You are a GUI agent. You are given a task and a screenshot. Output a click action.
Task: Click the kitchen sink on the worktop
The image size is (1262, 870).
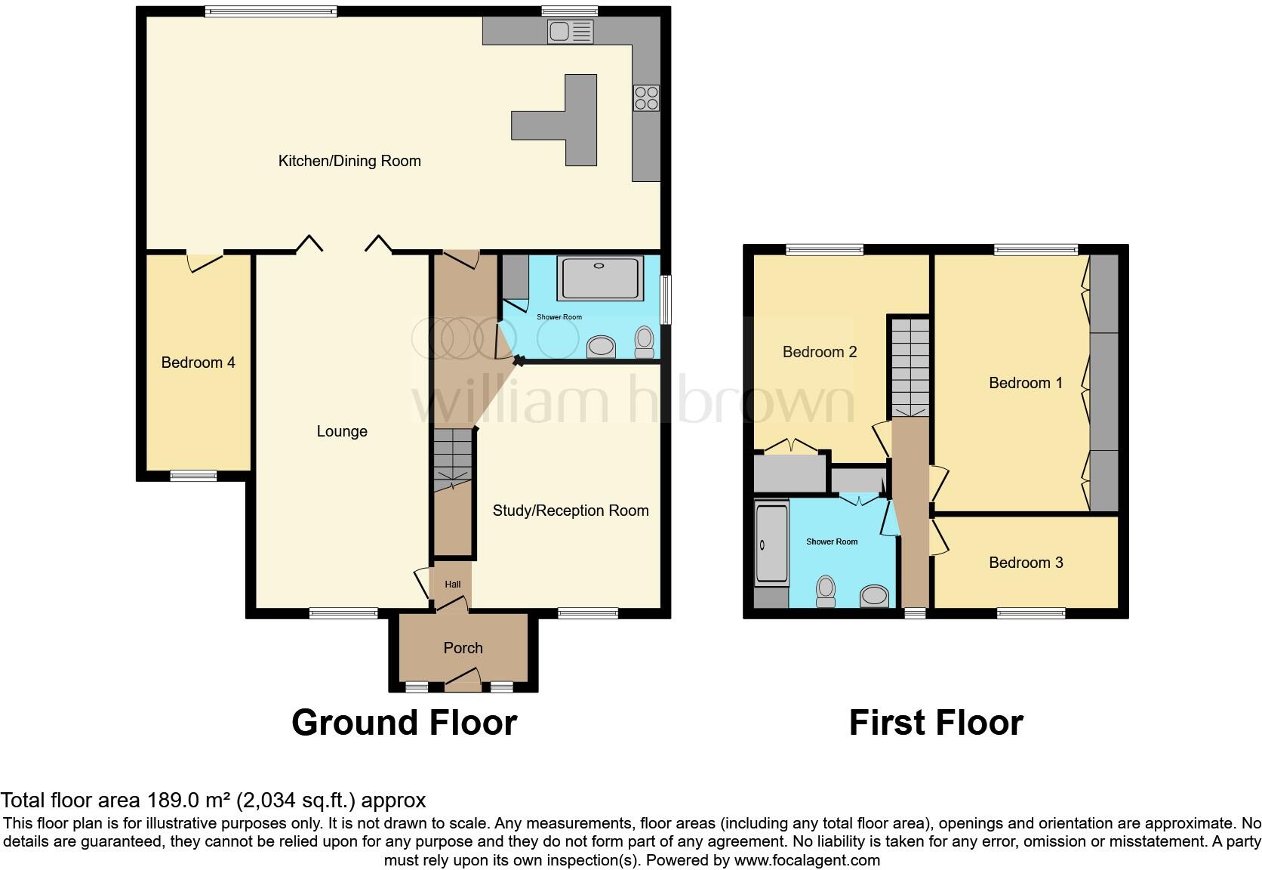(571, 32)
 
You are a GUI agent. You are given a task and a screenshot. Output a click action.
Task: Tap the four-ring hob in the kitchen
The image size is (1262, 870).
(647, 98)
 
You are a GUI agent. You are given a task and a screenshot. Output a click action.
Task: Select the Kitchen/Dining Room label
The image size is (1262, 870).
(349, 161)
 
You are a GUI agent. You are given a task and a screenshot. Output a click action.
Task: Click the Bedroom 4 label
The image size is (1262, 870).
(198, 362)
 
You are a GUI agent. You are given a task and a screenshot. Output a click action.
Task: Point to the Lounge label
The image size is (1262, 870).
(342, 431)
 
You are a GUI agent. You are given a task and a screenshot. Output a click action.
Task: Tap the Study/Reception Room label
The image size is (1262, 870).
(571, 511)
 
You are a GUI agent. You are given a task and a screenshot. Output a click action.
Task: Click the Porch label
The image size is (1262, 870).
(463, 648)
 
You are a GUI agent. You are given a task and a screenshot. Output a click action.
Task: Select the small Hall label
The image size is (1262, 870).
(452, 585)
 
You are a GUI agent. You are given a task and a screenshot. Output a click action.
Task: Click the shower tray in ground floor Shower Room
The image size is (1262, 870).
(600, 279)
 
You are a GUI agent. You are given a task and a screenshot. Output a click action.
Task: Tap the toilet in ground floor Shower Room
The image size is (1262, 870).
(645, 342)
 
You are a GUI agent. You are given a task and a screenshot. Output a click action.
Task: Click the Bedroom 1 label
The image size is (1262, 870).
(1026, 383)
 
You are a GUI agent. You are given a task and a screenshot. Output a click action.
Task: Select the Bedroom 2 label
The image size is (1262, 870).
(820, 352)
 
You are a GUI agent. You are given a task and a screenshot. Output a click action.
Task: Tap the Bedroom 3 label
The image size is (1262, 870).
(1026, 563)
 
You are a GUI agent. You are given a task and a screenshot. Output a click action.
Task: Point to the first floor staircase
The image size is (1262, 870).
(910, 366)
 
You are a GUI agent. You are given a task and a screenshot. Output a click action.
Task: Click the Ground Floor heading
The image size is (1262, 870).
(404, 723)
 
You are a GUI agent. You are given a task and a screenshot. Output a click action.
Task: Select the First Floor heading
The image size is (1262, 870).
(935, 723)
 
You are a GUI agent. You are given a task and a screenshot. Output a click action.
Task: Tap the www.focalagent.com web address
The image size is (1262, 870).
(807, 860)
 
